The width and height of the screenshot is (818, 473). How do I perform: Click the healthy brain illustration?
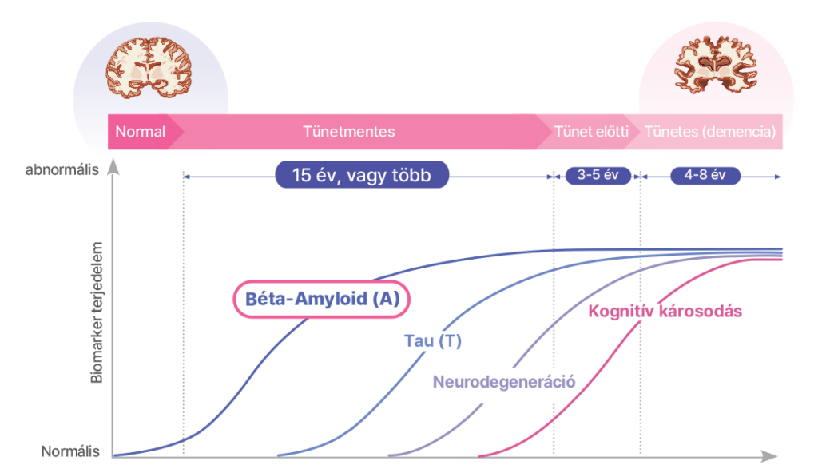click(x=149, y=68)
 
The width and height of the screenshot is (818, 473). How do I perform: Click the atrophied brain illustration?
click(x=716, y=65)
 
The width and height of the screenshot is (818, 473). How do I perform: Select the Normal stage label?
click(x=141, y=132)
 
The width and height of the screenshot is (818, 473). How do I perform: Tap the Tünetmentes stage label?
click(x=349, y=132)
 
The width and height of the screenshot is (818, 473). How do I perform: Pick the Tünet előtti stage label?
click(x=591, y=132)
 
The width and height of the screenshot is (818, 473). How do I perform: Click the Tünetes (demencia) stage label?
click(x=710, y=132)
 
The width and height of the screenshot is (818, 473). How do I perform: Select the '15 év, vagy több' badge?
click(x=362, y=175)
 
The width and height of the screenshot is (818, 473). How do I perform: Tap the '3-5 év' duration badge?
click(x=598, y=176)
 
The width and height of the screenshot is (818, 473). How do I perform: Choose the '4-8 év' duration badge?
click(x=705, y=176)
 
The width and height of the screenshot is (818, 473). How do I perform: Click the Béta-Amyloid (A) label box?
click(x=321, y=299)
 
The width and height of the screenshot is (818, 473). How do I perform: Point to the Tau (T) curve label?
click(x=433, y=341)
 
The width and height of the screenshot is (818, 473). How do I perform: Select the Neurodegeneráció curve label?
click(x=504, y=382)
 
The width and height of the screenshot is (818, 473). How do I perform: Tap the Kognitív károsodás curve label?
click(x=665, y=311)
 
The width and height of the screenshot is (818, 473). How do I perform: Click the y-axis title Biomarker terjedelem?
click(x=97, y=312)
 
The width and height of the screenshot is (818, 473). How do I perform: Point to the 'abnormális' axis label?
click(x=62, y=169)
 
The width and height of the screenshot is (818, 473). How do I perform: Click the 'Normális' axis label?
click(x=70, y=451)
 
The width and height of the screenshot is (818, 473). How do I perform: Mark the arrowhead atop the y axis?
click(x=113, y=167)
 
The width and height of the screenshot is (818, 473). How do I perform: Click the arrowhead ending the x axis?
click(x=769, y=456)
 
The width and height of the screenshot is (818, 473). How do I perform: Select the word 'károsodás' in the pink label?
click(x=700, y=311)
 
